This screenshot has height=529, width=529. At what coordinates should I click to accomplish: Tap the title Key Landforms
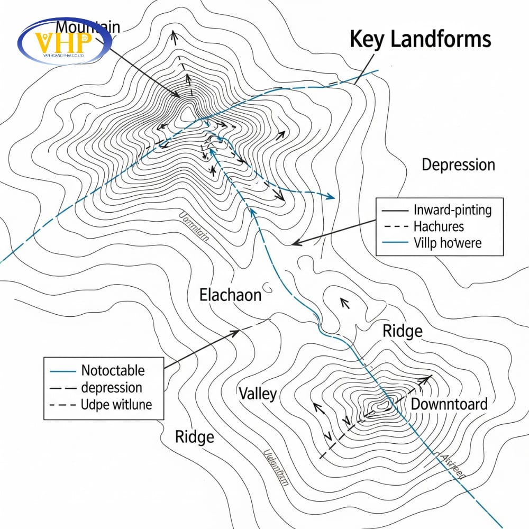[x=421, y=40]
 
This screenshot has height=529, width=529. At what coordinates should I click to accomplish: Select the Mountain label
[x=88, y=26]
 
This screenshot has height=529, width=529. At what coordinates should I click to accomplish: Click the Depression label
[x=458, y=165]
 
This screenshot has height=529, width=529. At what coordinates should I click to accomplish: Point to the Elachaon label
[x=230, y=295]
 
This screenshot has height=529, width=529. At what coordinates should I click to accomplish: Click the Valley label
[x=258, y=394]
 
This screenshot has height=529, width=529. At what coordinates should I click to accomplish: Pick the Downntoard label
[x=449, y=404]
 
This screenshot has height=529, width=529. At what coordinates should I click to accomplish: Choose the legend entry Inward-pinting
[x=452, y=210]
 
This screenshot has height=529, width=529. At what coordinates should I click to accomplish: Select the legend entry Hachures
[x=438, y=226]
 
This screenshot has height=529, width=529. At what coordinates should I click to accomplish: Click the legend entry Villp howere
[x=448, y=243]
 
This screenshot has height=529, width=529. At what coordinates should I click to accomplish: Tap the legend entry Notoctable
[x=113, y=370]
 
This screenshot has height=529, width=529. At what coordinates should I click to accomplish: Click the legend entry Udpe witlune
[x=116, y=405]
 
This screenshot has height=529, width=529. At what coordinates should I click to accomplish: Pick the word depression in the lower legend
[x=112, y=388]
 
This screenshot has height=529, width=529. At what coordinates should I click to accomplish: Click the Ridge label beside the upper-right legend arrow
[x=403, y=331]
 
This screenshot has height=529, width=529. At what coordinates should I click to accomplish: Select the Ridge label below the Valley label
[x=195, y=437]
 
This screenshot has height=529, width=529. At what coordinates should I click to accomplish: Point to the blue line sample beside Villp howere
[x=394, y=243]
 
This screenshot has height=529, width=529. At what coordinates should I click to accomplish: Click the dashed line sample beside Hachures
[x=394, y=226]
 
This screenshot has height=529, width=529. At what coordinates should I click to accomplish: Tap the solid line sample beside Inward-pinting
[x=394, y=210]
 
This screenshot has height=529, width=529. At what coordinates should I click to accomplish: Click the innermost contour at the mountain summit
[x=186, y=113]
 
